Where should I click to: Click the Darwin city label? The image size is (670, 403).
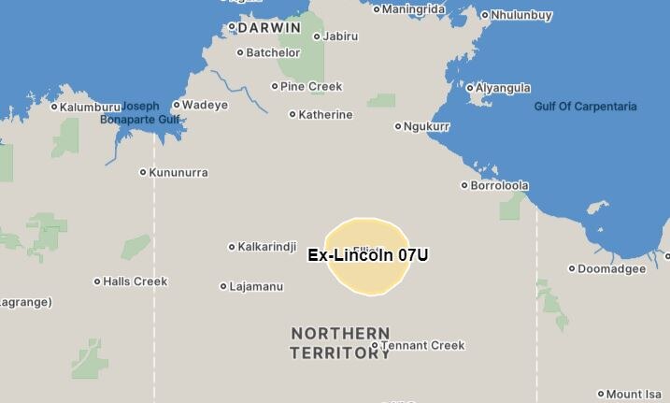tap(269, 28)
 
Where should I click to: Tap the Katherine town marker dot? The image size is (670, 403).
tap(292, 115)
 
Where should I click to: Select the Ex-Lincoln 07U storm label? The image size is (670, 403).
tap(368, 254)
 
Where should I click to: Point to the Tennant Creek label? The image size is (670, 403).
tap(422, 345)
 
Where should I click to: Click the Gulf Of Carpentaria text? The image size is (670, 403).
tap(585, 107)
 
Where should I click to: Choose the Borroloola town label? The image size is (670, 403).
tap(499, 185)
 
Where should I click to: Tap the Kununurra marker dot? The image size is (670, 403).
tap(143, 172)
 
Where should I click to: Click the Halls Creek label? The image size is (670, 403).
tap(135, 281)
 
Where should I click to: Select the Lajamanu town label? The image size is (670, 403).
tap(256, 286)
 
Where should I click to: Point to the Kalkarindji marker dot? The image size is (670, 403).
tap(232, 247)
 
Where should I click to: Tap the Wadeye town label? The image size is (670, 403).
tap(205, 105)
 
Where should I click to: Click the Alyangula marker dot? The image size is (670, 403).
tap(470, 88)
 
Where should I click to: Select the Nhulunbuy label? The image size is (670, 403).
tap(521, 15)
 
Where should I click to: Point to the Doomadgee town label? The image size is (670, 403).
tap(611, 268)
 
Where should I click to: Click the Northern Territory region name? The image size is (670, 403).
tap(340, 343)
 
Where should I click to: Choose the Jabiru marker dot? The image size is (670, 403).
tap(317, 37)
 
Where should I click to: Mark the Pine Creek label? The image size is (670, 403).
tap(311, 86)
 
